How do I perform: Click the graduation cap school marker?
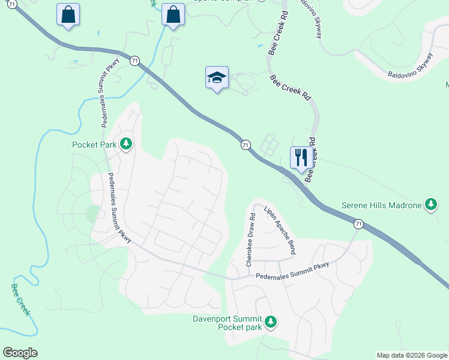click(217, 78)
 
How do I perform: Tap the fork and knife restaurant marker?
click(301, 158)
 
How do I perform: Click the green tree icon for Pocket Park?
click(126, 144)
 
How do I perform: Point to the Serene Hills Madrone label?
click(381, 205)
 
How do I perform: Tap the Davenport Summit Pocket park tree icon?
click(271, 322)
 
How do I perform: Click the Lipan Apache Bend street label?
click(280, 229)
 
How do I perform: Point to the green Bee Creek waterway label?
click(20, 298)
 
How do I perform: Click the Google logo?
click(20, 352)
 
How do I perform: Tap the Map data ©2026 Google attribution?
click(411, 355)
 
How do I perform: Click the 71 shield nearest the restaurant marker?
click(246, 145)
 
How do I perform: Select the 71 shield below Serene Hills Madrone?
click(358, 224)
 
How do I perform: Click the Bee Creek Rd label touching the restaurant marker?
click(311, 160)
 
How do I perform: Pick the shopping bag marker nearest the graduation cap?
click(173, 15)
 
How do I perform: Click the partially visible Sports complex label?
click(222, 1)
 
